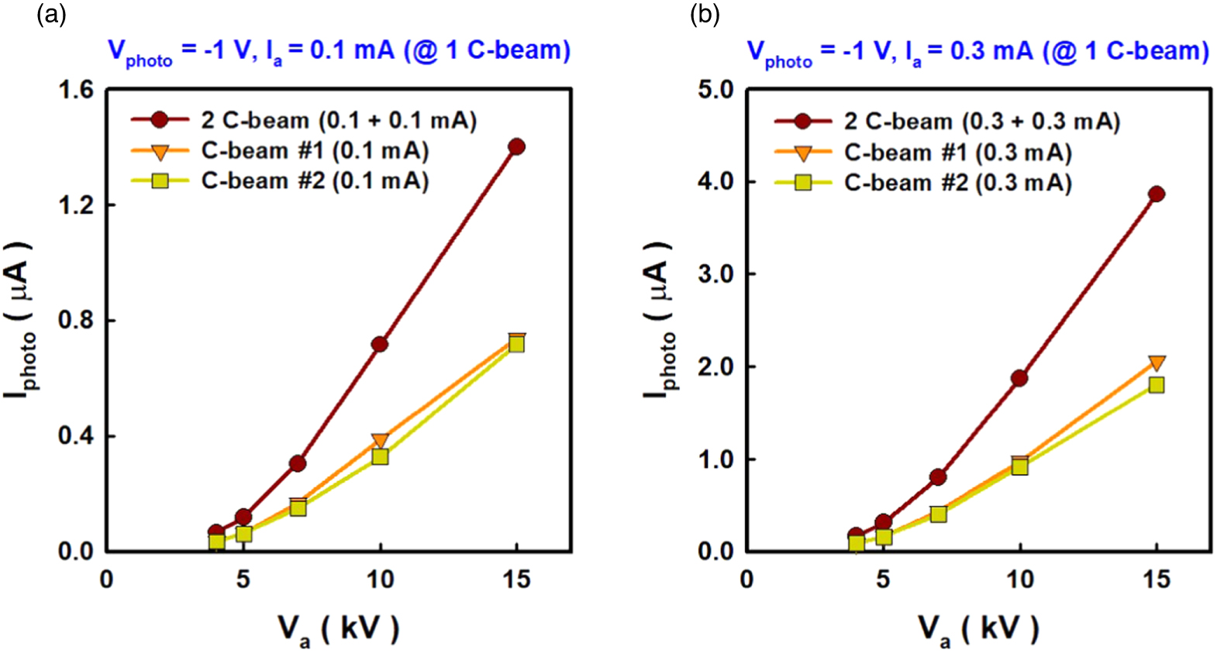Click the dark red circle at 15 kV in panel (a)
pos(516,146)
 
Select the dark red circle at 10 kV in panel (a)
pos(380,344)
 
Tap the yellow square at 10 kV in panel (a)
pos(380,457)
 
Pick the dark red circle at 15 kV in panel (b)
pos(1156,194)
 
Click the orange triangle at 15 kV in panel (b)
pos(1156,363)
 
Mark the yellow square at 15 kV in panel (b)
pos(1156,385)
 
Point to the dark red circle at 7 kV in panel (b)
pos(938,476)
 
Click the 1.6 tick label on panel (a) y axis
pos(76,90)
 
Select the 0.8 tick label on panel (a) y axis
pos(76,320)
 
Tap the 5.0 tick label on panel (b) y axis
pos(715,90)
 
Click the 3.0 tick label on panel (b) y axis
pos(715,274)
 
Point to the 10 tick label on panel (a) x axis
pos(380,579)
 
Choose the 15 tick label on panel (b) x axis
pos(1156,579)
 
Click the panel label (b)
pos(705,14)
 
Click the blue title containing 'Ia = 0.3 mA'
pos(977,52)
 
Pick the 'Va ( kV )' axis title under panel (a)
pos(339,629)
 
